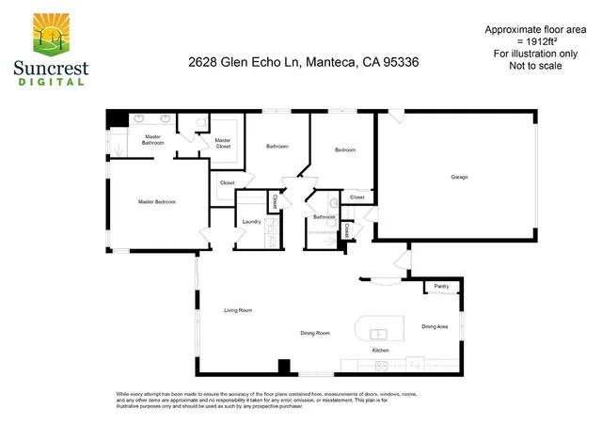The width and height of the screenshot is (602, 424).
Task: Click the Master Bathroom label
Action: tap(152, 140)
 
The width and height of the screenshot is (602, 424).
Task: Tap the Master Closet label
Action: tap(223, 143)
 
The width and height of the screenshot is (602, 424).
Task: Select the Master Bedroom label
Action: tap(157, 201)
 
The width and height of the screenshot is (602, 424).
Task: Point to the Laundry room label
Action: tap(251, 222)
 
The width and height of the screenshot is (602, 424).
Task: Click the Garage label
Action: tap(459, 177)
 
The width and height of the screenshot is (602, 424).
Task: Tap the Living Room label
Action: tap(238, 310)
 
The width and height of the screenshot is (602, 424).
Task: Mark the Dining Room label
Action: tap(314, 333)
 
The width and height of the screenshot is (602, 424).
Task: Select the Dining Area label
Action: tap(435, 326)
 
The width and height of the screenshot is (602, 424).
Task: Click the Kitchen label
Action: tap(381, 351)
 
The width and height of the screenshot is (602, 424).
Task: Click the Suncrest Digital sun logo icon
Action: tap(48, 34)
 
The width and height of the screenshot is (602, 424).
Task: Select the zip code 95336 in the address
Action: tap(400, 62)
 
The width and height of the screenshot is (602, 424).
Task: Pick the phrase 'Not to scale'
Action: tap(528, 66)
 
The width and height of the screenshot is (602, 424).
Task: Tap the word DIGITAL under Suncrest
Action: tap(49, 82)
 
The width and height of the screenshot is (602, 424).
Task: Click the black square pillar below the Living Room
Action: tap(282, 366)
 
